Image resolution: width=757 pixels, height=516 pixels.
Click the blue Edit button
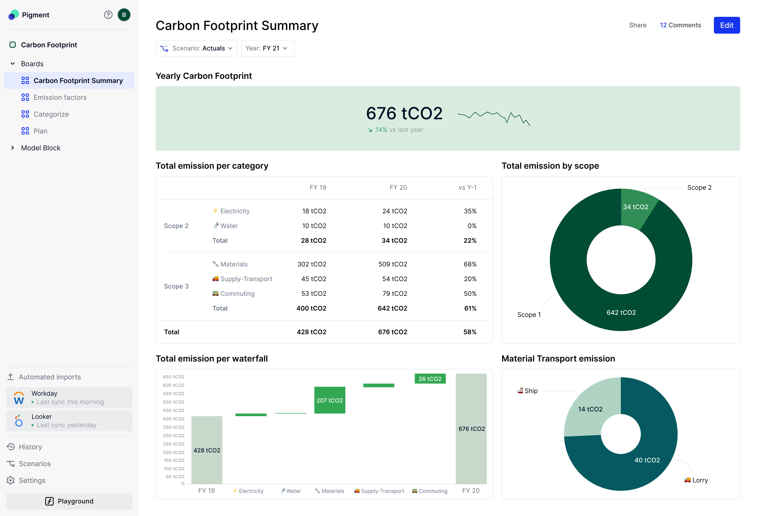point(727,25)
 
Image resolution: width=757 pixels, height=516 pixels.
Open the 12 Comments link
point(680,25)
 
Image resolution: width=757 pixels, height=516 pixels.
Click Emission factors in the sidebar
point(60,97)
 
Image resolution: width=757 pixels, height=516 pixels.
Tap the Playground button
point(69,501)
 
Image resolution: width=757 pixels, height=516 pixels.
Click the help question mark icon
point(108,15)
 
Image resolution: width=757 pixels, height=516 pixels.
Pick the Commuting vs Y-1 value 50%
point(470,294)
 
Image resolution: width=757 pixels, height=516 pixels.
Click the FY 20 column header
point(398,188)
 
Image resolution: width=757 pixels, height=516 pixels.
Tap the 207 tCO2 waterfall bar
point(330,400)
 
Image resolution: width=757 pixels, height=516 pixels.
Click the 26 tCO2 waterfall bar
point(430,379)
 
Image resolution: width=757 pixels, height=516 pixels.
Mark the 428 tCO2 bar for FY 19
point(207,450)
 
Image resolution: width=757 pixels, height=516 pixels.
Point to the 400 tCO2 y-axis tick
point(174,419)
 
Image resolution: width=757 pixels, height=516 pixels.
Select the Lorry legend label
point(700,480)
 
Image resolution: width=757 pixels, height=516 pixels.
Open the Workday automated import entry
point(69,398)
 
